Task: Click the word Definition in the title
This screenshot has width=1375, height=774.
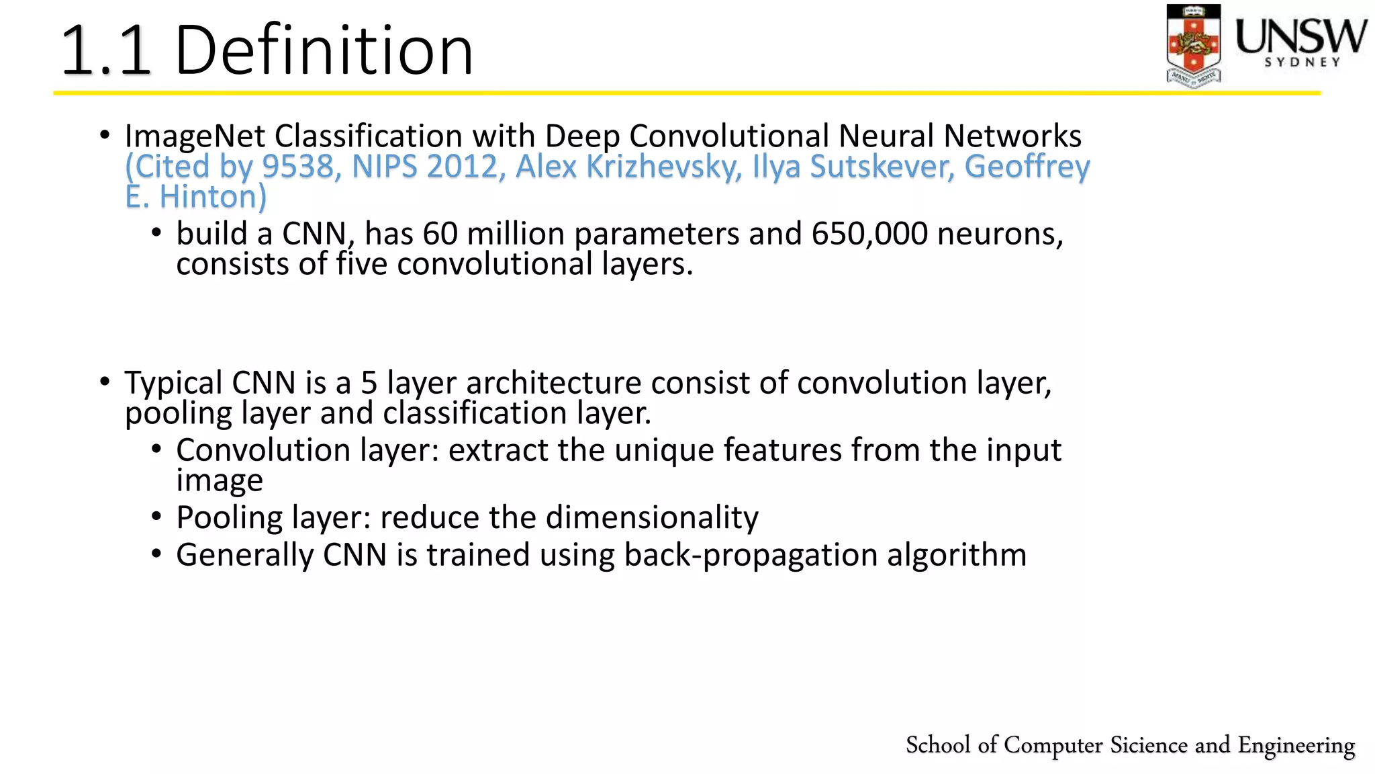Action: [x=324, y=50]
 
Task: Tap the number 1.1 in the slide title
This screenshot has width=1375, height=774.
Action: [x=106, y=50]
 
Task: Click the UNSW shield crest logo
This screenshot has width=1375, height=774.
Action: [x=1193, y=44]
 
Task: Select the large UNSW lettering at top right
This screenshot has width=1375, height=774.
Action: [x=1301, y=36]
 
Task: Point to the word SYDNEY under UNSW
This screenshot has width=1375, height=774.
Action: [x=1302, y=62]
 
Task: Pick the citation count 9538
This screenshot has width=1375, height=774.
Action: [x=297, y=167]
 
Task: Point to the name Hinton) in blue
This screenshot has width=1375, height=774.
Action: [x=213, y=197]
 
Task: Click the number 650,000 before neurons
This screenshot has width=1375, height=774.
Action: [x=869, y=234]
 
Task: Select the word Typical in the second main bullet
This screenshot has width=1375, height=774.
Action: [x=173, y=383]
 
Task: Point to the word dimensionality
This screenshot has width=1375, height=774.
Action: [x=652, y=518]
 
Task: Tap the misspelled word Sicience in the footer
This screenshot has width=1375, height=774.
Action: [x=1148, y=745]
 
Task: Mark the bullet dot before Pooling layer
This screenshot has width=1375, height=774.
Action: [x=156, y=517]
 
